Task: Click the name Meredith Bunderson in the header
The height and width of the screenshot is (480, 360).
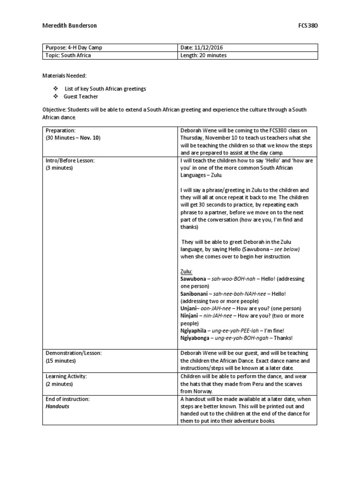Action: coord(69,25)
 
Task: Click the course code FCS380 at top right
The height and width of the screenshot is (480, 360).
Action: coord(307,25)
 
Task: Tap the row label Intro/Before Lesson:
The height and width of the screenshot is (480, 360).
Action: coord(70,160)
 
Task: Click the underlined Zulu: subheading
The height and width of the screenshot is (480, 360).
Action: coord(187,271)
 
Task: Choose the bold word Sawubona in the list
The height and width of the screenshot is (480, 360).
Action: coord(193,278)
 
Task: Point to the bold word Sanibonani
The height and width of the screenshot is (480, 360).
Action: coord(195,293)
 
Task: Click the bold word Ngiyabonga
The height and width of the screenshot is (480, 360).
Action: coord(195,338)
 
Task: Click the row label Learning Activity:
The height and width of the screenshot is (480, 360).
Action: coord(66,376)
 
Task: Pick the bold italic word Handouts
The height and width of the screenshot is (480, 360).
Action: coord(57,406)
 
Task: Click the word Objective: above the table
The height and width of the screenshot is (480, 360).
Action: coord(55,109)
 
